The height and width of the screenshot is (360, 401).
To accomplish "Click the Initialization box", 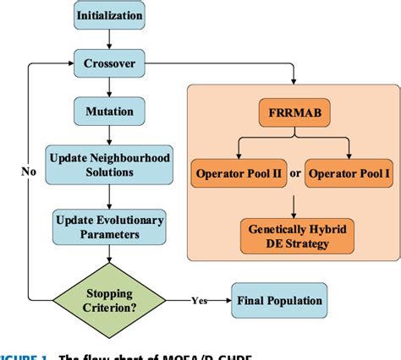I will [110, 15].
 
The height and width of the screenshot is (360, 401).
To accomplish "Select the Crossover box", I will [110, 63].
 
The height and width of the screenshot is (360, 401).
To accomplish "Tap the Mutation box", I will [110, 111].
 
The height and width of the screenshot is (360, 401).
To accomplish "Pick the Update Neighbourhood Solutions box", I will [110, 165].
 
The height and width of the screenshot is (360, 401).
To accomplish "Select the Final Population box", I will [277, 299].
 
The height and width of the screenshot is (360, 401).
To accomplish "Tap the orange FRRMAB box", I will [292, 112].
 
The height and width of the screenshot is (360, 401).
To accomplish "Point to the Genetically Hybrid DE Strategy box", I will [292, 232].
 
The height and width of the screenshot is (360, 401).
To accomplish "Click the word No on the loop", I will [30, 172].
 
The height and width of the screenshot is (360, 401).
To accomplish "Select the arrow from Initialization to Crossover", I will [110, 39].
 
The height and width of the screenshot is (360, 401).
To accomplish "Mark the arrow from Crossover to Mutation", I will [110, 87].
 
